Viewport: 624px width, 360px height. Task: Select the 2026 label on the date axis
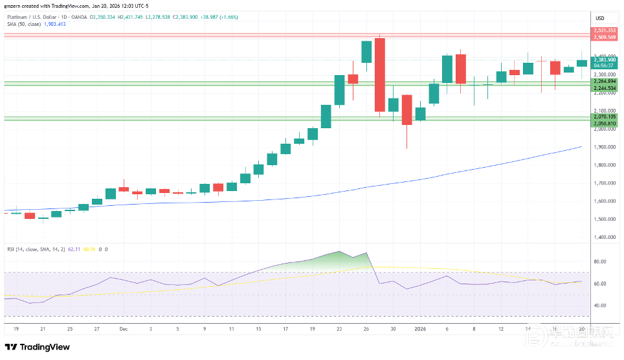[x=420, y=329]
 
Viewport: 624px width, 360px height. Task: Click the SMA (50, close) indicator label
[x=24, y=24]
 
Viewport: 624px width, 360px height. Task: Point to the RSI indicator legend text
[x=39, y=249]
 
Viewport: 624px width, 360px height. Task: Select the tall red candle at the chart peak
[x=380, y=74]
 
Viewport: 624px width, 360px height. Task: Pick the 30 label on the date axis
[x=393, y=329]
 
